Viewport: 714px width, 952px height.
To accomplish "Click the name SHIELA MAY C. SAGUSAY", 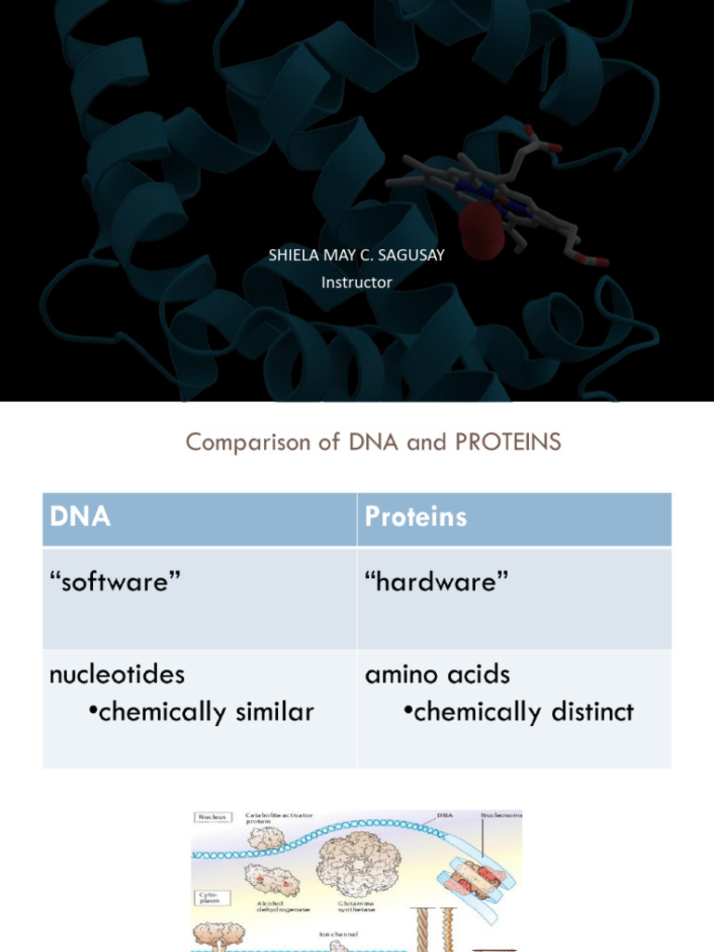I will click(356, 255).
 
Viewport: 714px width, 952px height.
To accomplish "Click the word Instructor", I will click(356, 282).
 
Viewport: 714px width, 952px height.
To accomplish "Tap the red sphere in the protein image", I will click(481, 227).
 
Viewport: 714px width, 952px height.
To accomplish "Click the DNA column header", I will click(80, 517).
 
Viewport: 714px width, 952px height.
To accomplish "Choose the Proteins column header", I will click(416, 517).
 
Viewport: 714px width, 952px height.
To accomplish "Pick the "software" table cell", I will click(114, 583).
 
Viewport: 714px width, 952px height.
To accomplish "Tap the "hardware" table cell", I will click(437, 583).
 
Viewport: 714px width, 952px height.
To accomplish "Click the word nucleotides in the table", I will click(117, 674).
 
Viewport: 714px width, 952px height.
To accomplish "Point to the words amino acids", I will click(437, 674).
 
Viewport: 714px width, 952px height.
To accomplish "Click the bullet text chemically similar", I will click(206, 712).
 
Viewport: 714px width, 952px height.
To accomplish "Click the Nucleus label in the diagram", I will click(213, 817).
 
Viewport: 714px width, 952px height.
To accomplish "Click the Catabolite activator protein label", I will click(279, 818).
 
